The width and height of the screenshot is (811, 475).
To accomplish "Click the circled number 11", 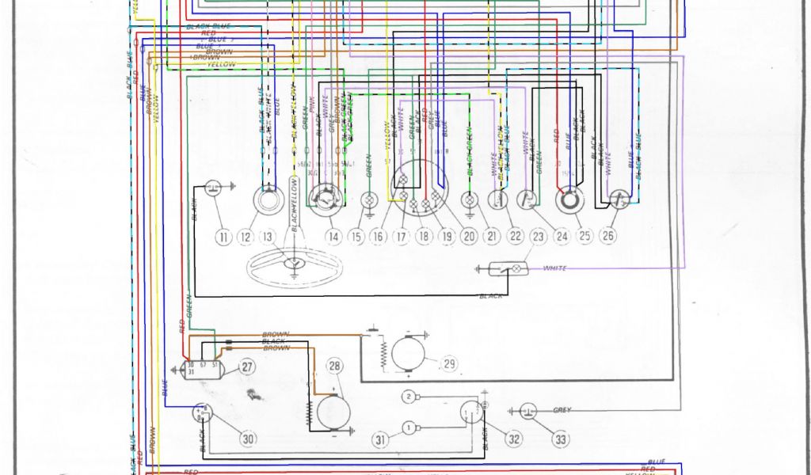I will [x=223, y=236].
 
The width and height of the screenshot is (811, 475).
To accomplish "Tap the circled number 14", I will [x=333, y=236].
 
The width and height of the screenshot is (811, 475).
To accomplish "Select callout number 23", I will [x=539, y=236].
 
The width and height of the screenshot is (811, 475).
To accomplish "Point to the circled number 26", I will [x=608, y=235].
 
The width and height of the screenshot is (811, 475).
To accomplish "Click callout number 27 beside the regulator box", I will [x=247, y=367].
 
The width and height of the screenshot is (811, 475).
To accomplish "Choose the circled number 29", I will [x=450, y=363].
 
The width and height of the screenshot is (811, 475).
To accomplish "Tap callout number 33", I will [x=561, y=439].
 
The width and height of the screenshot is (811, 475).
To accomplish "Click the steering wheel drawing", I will [x=295, y=268].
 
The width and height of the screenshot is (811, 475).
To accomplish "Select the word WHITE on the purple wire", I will [x=555, y=268].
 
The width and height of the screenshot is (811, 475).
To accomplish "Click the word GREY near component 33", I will [x=562, y=410].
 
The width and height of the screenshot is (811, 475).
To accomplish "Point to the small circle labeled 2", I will [x=408, y=396].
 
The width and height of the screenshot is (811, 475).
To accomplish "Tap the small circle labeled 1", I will [x=408, y=428].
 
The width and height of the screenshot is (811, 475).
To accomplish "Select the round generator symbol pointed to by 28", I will [x=333, y=412].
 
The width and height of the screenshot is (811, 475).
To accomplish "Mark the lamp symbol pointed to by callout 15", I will [x=368, y=199].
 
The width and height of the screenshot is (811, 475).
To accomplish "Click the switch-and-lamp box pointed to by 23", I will [x=504, y=269].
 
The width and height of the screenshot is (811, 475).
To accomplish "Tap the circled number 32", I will [x=515, y=439].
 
